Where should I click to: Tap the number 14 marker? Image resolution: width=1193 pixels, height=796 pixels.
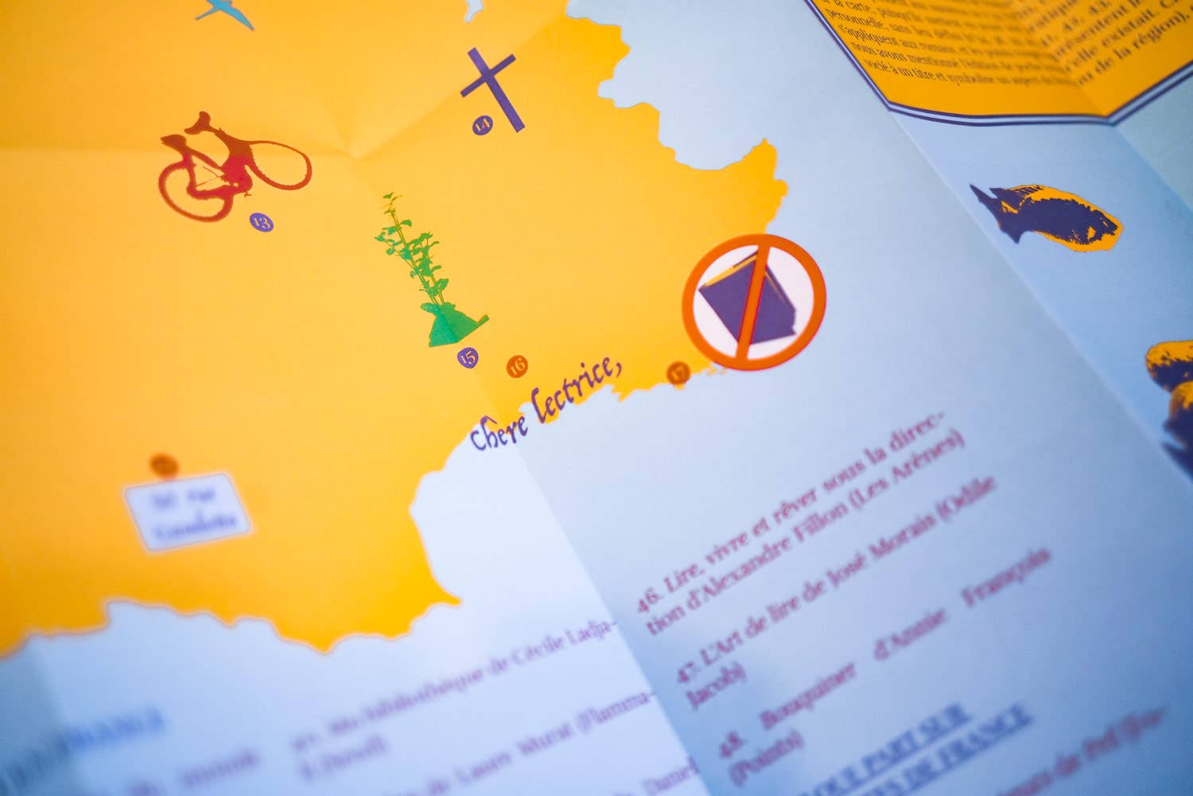pyautogui.click(x=482, y=124)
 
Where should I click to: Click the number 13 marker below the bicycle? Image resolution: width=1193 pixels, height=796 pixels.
pyautogui.click(x=261, y=222)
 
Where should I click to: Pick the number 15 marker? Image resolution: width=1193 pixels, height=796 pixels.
pyautogui.click(x=468, y=357)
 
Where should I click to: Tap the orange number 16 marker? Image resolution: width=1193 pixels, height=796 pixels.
pyautogui.click(x=517, y=366)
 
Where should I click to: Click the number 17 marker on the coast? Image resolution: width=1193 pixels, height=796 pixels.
pyautogui.click(x=677, y=372)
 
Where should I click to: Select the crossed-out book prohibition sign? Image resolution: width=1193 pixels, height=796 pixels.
pyautogui.click(x=753, y=302)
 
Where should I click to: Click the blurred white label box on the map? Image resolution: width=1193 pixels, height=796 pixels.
pyautogui.click(x=188, y=511)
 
